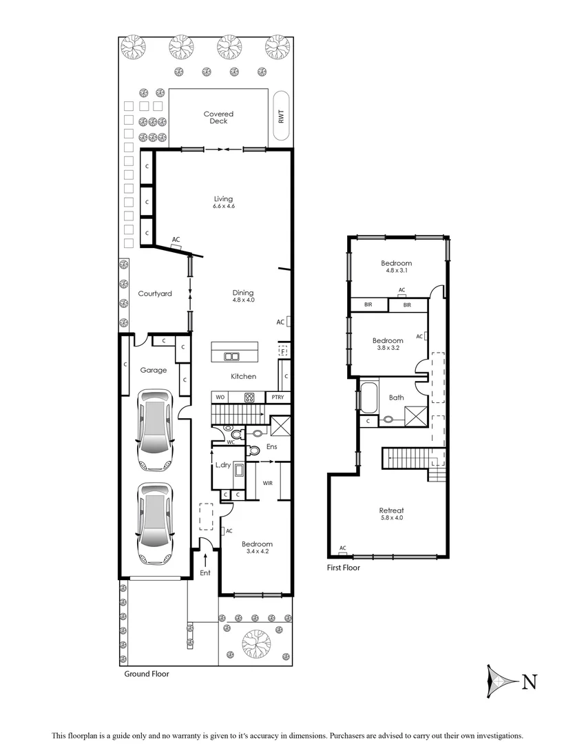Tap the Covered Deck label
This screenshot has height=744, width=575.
coord(218,118)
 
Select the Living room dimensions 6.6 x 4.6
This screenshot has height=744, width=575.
coord(223,207)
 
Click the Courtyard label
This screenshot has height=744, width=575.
coord(154,293)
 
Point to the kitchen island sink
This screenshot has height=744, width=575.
coord(231,356)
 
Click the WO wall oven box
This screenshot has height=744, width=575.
coord(221,397)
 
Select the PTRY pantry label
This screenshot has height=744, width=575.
coord(278,397)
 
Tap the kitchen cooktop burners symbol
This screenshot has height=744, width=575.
coord(249,397)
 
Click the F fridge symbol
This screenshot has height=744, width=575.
coord(282,351)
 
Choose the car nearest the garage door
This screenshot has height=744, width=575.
coord(154,521)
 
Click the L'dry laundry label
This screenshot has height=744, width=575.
coord(223,466)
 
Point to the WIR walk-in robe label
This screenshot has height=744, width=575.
coord(268,483)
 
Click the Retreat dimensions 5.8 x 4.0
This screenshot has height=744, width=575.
coord(390,517)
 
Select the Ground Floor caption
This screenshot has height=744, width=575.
coord(146,674)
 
